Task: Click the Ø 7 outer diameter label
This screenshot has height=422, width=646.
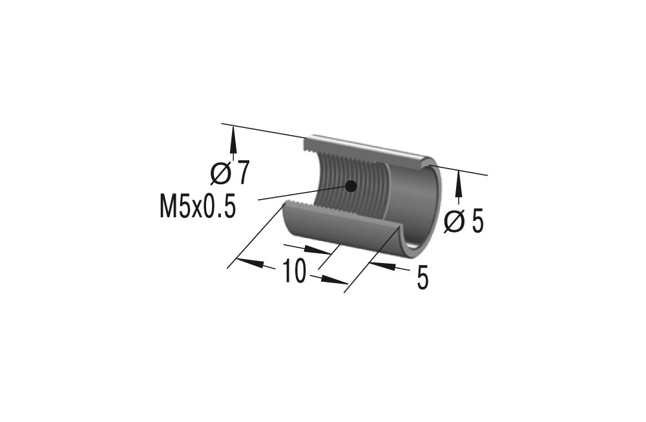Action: click(230, 173)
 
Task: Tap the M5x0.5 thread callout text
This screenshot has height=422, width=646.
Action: click(198, 208)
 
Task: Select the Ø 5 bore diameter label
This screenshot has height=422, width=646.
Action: click(464, 222)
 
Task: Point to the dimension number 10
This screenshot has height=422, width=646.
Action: click(293, 272)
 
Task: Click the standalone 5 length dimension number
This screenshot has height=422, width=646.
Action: click(422, 279)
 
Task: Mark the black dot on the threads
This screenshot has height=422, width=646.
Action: click(351, 186)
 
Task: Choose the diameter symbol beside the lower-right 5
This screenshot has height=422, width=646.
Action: click(455, 222)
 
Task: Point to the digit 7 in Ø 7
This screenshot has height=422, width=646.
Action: click(242, 173)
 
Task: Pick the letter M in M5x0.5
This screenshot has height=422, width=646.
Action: click(169, 208)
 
